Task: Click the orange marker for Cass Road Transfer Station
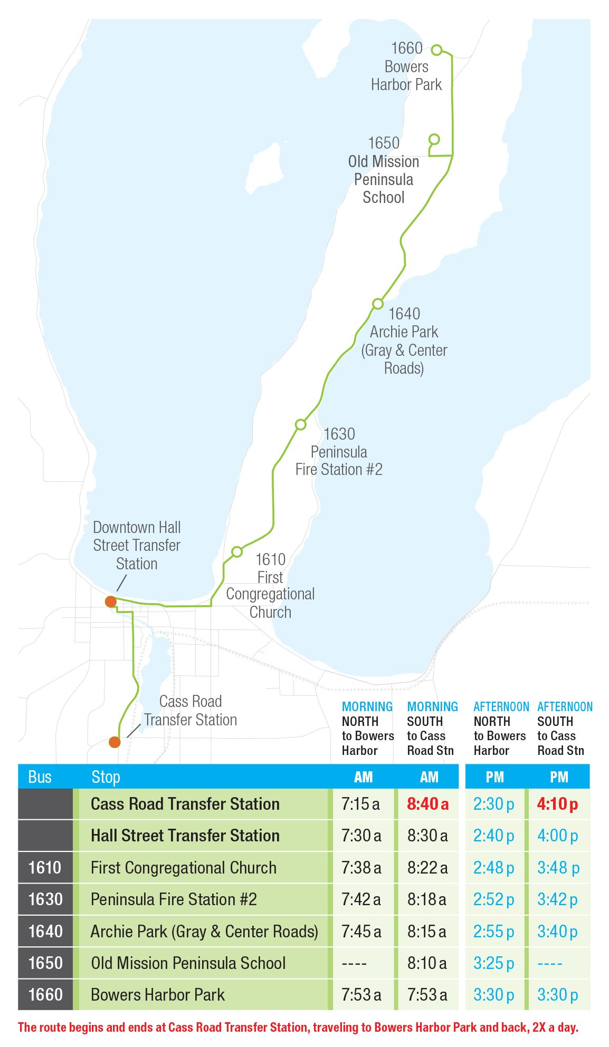point(115,742)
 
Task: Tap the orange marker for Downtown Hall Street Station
point(110,602)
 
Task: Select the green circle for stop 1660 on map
point(436,50)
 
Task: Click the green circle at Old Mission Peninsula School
point(434,139)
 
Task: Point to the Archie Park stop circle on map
point(377,304)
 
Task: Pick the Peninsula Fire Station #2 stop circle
point(300,424)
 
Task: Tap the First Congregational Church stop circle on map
point(237,551)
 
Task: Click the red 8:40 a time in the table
point(427,804)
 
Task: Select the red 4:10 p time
point(557,804)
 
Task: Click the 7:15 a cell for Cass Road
point(361,804)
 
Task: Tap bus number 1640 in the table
point(45,932)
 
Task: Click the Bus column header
point(40,777)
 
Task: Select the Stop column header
point(106,777)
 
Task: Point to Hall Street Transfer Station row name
point(185,836)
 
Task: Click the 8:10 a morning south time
point(427,963)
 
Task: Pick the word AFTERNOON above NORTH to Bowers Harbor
point(501,706)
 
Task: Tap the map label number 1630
point(339,434)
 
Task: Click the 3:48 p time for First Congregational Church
point(558,868)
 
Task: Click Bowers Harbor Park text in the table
point(157,995)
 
